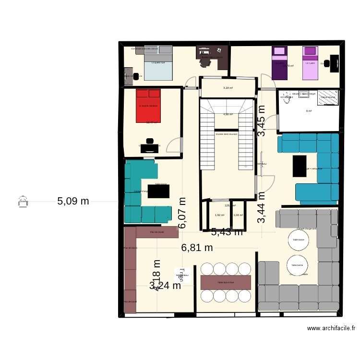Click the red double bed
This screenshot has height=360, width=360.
[x=148, y=105]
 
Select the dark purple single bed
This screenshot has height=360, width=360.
[x=279, y=63]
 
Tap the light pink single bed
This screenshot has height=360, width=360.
[x=310, y=63]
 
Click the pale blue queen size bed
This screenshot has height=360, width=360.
[x=157, y=63]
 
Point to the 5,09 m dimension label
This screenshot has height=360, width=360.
[x=73, y=201]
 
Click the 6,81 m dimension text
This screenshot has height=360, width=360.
[x=197, y=248]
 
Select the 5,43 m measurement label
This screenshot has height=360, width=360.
[x=227, y=232]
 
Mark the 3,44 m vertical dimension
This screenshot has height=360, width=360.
[x=261, y=207]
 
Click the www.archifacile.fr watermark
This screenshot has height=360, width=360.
[x=331, y=328]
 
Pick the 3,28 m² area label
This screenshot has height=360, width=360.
[x=228, y=88]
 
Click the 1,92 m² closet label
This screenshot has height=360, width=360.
[x=220, y=215]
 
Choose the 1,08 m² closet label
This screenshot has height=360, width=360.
[x=238, y=215]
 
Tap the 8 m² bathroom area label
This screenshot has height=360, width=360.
[x=309, y=111]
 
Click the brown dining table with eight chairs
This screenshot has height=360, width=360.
[x=226, y=282]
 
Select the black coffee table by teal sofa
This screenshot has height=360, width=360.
[x=158, y=191]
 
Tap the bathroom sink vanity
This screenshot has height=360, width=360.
[x=303, y=94]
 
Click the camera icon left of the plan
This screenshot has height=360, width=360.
[x=22, y=202]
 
